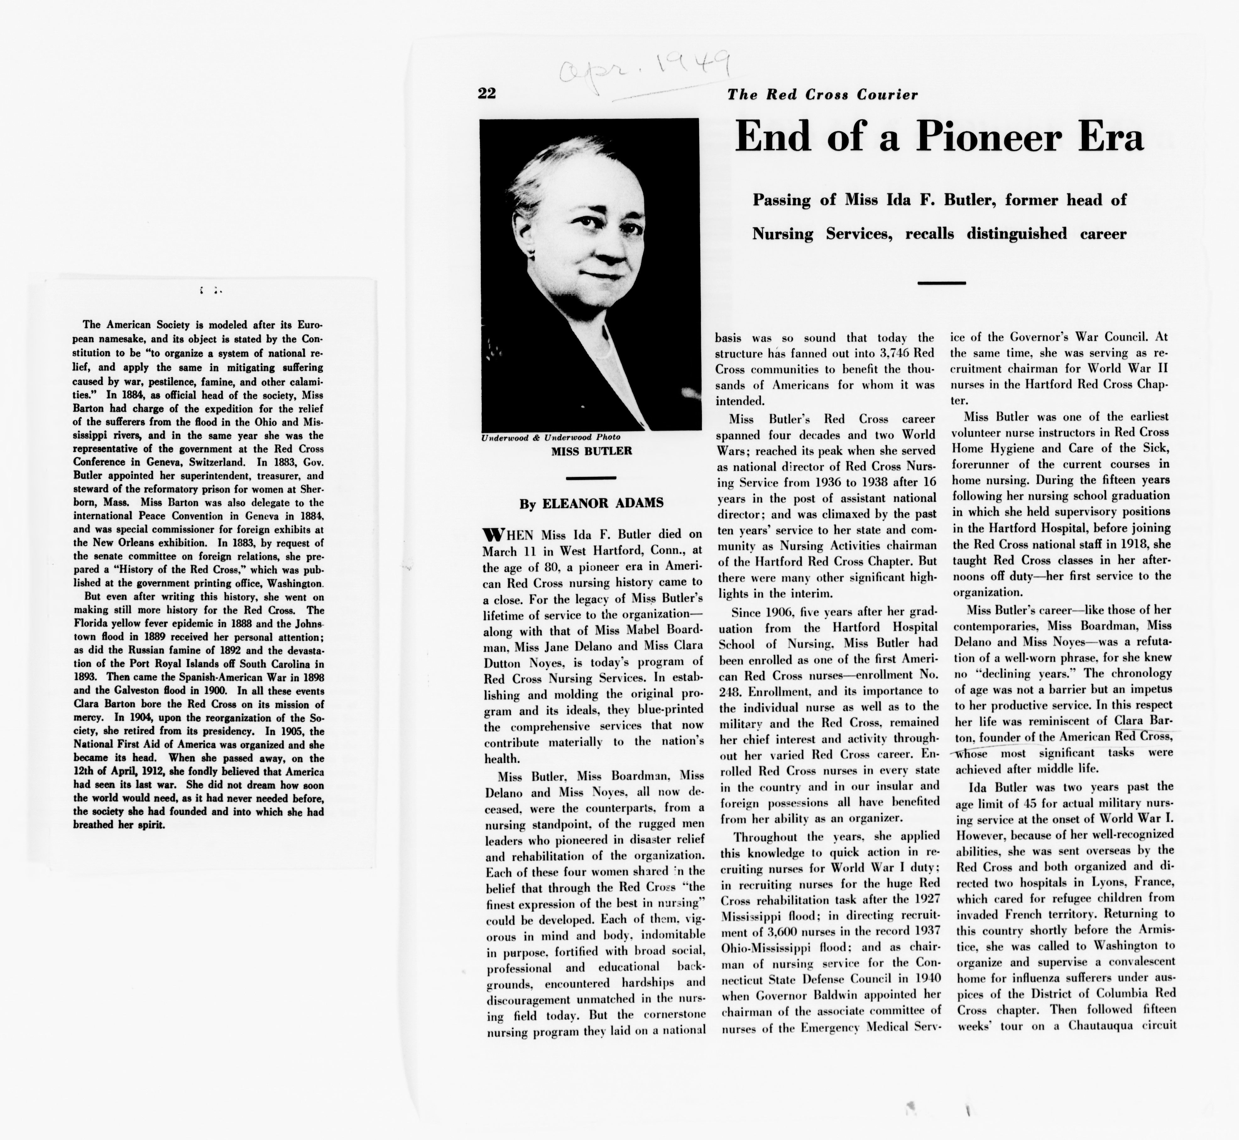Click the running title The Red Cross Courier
(x=822, y=95)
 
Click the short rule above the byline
(x=591, y=477)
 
